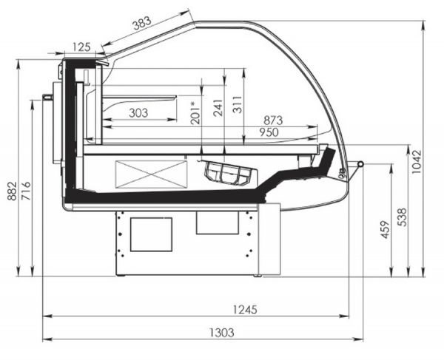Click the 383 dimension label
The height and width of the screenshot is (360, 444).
[142, 23]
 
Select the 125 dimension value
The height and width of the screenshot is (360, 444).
[81, 47]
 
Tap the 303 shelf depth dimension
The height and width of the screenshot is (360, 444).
[138, 113]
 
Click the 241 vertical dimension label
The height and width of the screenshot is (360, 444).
[218, 108]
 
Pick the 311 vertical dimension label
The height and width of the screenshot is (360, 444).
[238, 105]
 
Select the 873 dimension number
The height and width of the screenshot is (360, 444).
[273, 120]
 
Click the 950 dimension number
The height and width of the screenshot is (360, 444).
[269, 132]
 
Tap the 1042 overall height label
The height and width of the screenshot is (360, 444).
[416, 161]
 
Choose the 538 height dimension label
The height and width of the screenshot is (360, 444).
[402, 217]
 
